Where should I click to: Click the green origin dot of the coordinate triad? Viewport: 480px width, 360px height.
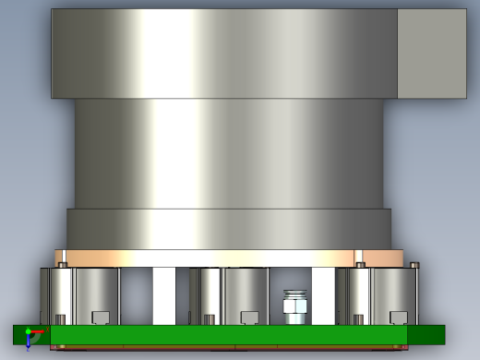click(x=29, y=331)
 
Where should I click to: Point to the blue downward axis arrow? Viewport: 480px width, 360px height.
click(x=29, y=342)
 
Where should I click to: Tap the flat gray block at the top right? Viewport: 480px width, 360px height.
click(x=431, y=54)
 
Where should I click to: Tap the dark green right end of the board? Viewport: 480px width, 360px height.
click(x=426, y=334)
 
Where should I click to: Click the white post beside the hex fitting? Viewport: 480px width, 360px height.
click(x=323, y=295)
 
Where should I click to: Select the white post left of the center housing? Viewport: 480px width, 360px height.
click(x=164, y=295)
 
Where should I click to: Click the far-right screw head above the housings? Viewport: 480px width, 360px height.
click(x=415, y=266)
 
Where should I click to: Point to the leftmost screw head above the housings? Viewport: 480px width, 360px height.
click(x=63, y=265)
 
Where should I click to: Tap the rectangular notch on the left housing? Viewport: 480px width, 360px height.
click(x=100, y=318)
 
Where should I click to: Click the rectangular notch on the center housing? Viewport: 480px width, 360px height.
click(x=248, y=318)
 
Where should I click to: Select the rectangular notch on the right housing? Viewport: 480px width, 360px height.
click(x=399, y=318)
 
